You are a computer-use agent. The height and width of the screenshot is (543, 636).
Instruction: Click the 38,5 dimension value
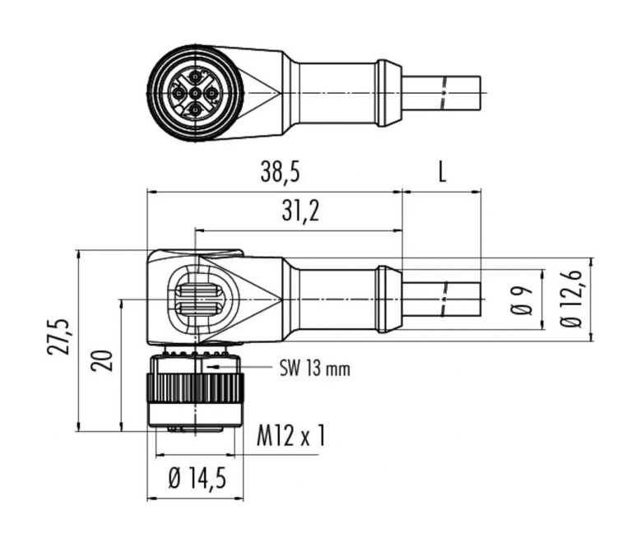coord(280,172)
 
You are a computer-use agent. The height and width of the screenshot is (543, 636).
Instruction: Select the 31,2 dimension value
coord(300,211)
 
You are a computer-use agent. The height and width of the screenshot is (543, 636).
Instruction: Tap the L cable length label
coord(442,172)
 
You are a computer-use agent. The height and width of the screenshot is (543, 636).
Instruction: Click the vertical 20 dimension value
coord(101,360)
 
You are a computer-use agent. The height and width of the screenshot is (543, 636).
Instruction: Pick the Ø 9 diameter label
coord(522,300)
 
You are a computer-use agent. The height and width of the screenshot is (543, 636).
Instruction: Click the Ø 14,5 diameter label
coord(197,479)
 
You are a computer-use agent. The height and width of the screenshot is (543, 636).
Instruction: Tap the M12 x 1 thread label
coord(290,436)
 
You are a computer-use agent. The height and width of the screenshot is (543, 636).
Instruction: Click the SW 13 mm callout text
coord(315,369)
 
